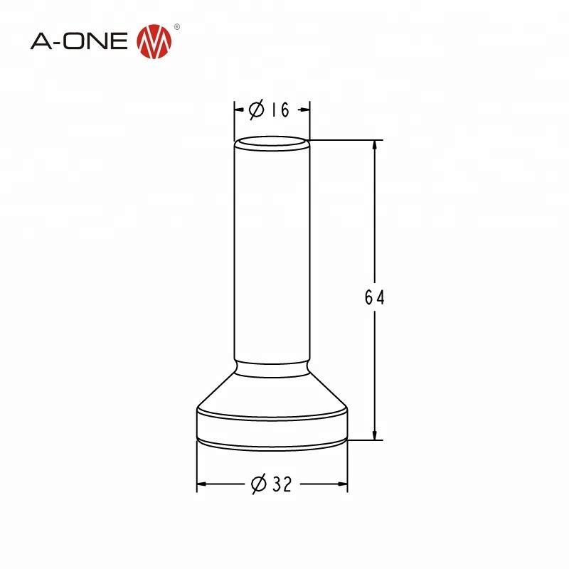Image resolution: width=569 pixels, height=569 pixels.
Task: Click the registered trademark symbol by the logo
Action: (178, 27)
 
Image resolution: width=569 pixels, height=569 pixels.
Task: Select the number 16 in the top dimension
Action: (280, 110)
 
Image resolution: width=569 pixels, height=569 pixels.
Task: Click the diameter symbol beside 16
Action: (257, 110)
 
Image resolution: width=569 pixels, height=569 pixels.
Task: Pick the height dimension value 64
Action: (374, 298)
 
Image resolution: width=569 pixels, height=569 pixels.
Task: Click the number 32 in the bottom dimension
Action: (282, 484)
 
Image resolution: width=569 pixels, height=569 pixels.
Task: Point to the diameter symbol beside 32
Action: (259, 484)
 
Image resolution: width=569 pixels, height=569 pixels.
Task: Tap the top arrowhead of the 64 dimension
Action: (375, 145)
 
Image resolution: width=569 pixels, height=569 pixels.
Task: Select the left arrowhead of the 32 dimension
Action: (201, 484)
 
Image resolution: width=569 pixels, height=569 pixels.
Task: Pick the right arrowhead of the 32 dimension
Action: (343, 484)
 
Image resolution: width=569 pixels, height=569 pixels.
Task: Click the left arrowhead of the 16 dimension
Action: (240, 110)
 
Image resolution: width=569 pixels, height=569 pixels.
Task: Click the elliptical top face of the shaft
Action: (272, 145)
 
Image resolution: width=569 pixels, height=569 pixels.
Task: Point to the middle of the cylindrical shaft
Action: (272, 256)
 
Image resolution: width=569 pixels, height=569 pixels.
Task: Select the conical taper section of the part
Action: (272, 391)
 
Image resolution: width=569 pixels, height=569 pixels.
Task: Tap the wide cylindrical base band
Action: (272, 425)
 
